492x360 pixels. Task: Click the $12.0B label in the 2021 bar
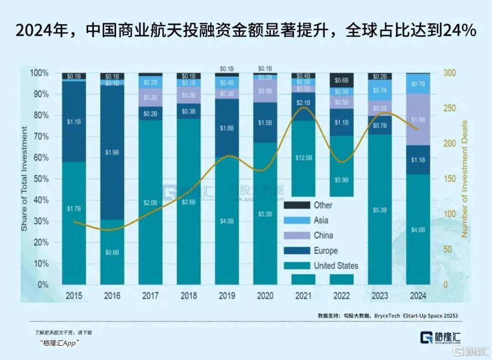(x=304, y=157)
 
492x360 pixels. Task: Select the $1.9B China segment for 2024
(x=418, y=119)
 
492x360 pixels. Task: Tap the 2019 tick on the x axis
(x=227, y=296)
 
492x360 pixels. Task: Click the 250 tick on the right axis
(x=449, y=109)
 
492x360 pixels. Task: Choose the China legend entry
(x=323, y=235)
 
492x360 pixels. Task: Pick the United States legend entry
(x=336, y=266)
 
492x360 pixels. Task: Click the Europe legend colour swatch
(x=297, y=251)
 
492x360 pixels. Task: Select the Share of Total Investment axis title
(x=24, y=179)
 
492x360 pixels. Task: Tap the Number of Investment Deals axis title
(x=465, y=179)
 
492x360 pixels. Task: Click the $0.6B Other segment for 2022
(x=342, y=80)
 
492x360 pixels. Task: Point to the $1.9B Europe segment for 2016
(x=112, y=152)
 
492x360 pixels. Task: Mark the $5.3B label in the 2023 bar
(x=380, y=210)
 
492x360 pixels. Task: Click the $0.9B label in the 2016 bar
(x=112, y=252)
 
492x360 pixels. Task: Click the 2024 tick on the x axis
(x=418, y=296)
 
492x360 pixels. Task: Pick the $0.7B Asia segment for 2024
(x=418, y=84)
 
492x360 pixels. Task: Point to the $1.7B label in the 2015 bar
(x=74, y=209)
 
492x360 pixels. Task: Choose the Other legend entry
(x=323, y=205)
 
